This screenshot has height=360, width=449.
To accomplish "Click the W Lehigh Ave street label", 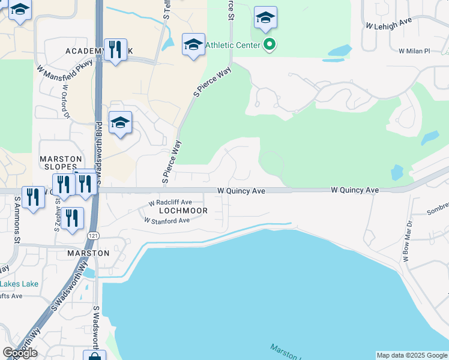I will [388, 24].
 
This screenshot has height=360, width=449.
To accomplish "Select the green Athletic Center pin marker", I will [270, 45].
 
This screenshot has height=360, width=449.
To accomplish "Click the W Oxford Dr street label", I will [65, 100].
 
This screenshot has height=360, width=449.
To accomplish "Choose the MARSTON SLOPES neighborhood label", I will [59, 163].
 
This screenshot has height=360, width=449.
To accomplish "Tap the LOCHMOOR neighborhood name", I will [183, 211].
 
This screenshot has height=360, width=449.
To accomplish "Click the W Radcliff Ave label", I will [170, 203].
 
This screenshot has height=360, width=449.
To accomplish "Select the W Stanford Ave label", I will [167, 221].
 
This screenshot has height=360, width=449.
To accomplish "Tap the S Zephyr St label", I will [58, 216].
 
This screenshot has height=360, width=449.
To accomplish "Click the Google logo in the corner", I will [20, 353].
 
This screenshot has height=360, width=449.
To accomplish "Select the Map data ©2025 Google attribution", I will [412, 355].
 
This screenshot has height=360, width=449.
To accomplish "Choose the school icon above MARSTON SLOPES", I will [120, 123].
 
